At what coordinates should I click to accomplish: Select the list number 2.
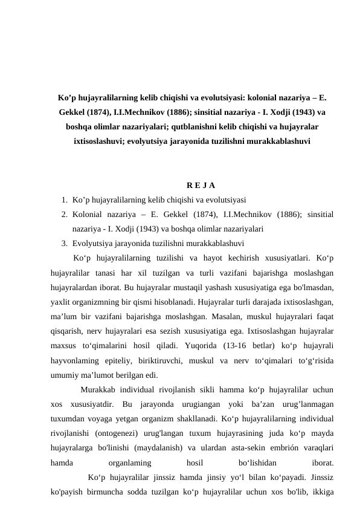[x=63, y=215]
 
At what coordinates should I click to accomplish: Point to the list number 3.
[x=63, y=244]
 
